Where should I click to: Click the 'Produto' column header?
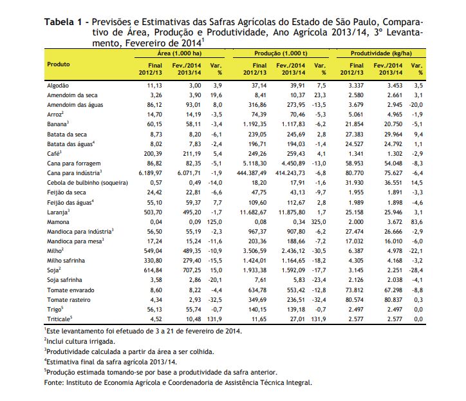tap(58, 64)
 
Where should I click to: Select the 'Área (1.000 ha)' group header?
tap(180, 53)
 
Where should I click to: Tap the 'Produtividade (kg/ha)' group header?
tap(381, 53)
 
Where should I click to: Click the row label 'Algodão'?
tap(58, 86)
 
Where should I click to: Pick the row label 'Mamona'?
tap(58, 222)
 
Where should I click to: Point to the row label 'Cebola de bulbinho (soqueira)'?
tap(88, 183)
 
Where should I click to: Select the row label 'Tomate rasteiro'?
tap(69, 300)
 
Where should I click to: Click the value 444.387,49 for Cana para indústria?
tap(252, 173)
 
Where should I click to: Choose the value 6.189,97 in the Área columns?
tap(151, 173)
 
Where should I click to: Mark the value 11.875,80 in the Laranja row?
tap(292, 212)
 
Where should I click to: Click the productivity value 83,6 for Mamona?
tap(416, 222)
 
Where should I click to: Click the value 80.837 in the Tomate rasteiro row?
tap(393, 300)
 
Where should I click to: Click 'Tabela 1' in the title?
tap(63, 22)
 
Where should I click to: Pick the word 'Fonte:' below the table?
tap(54, 382)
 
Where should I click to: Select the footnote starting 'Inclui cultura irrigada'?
tap(80, 342)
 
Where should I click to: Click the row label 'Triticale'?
tap(59, 319)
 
